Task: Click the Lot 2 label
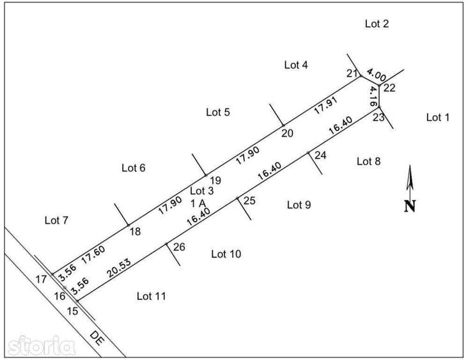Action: point(377,24)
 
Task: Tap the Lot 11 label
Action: point(151,295)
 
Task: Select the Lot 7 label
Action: point(56,221)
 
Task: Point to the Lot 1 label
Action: point(438,117)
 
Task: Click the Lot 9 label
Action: point(299,205)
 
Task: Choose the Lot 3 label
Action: point(201,191)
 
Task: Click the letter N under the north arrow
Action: point(410,206)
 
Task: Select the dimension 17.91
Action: point(325,106)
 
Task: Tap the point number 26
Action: point(179,246)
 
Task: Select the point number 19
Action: point(215,180)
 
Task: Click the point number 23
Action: point(378,117)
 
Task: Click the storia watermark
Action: point(38,347)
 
